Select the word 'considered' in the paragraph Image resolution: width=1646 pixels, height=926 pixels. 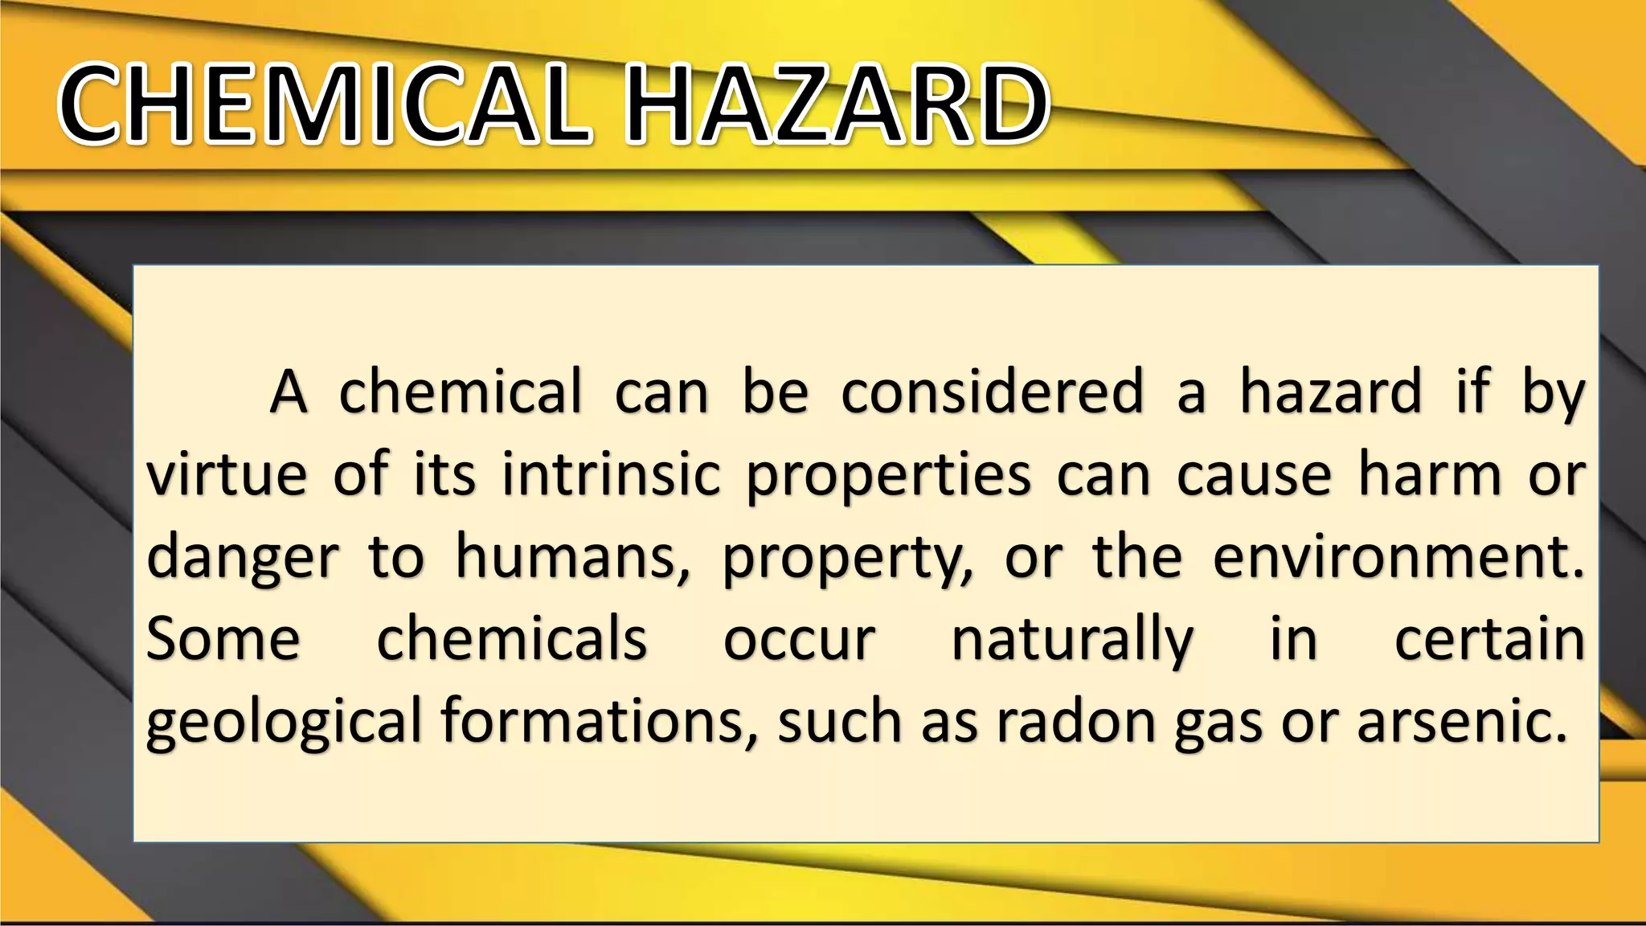[992, 392]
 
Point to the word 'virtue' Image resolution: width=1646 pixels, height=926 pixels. [227, 474]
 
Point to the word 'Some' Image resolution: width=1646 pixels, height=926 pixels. [223, 640]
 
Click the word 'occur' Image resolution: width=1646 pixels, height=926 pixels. [799, 641]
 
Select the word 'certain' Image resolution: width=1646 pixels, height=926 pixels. [1489, 640]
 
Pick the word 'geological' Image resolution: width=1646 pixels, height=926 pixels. [284, 723]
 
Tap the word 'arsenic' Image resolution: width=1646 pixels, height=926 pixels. [1461, 721]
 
